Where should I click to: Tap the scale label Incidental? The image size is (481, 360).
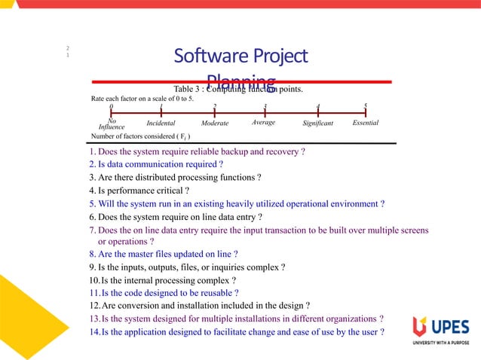pyautogui.click(x=161, y=123)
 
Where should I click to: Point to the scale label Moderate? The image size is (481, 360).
pyautogui.click(x=216, y=123)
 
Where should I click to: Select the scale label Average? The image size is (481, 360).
pyautogui.click(x=263, y=122)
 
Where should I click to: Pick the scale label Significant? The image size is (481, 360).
pyautogui.click(x=317, y=123)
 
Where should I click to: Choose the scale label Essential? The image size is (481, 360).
pyautogui.click(x=365, y=122)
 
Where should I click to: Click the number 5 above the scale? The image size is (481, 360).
pyautogui.click(x=366, y=106)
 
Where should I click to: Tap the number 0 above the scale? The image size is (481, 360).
pyautogui.click(x=111, y=107)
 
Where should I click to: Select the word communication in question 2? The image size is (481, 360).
pyautogui.click(x=158, y=164)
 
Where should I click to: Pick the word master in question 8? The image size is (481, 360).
pyautogui.click(x=144, y=254)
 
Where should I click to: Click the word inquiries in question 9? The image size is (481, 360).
pyautogui.click(x=223, y=267)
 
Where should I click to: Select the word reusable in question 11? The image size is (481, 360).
pyautogui.click(x=213, y=292)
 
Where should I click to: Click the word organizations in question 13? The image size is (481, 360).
pyautogui.click(x=340, y=319)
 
